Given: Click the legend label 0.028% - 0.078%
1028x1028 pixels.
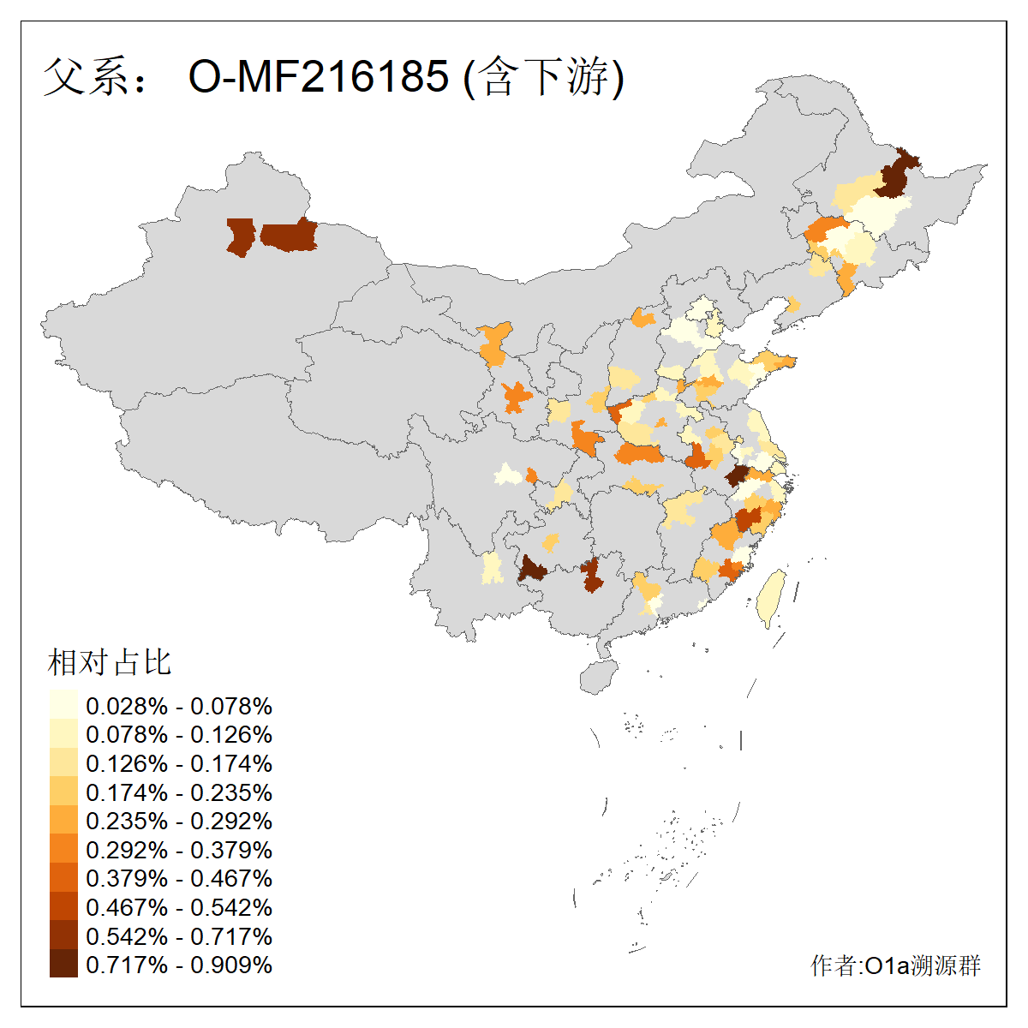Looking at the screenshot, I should (179, 706).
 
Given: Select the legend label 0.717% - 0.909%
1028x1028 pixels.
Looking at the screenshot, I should (179, 965).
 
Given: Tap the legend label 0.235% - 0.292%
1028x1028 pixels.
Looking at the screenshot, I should (179, 821).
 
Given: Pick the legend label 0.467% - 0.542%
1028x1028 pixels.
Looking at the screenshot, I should (179, 907).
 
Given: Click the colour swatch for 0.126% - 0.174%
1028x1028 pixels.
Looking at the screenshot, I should (63, 763).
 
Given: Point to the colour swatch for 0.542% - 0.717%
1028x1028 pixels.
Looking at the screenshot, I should (63, 935).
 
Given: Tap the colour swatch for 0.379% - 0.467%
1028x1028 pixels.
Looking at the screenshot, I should (63, 878).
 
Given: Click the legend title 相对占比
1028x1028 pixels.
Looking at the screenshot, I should (110, 662).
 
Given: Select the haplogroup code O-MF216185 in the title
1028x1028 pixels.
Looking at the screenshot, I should (318, 77).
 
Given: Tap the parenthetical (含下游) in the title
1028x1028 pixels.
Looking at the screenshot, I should (543, 77).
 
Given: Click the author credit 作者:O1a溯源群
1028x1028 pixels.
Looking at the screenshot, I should (895, 966).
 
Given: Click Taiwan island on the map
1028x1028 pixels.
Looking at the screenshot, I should (773, 597).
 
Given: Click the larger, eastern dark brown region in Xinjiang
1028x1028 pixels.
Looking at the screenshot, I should (290, 236).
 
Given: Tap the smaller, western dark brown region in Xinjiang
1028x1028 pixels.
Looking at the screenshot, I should (241, 236).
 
